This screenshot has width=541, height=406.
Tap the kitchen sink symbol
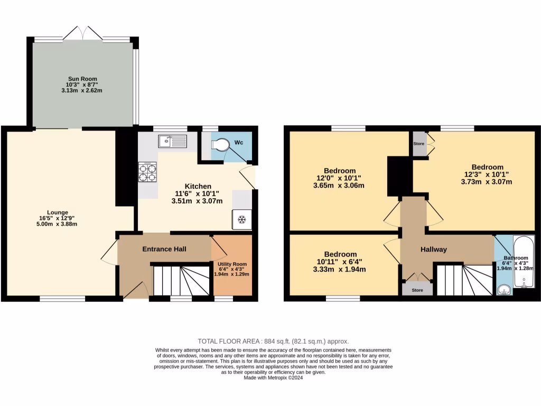[x=172, y=141]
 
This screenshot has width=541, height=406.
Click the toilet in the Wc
[x=221, y=144]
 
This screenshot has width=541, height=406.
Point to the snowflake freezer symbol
[x=242, y=219]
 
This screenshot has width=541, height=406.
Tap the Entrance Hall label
[x=164, y=249]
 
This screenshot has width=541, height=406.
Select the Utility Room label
[x=232, y=264]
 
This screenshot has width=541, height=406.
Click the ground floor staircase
[x=181, y=280]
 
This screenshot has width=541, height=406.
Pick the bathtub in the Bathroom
[x=524, y=262]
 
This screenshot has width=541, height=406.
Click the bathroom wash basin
[x=504, y=290]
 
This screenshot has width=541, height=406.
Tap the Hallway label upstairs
[x=434, y=250]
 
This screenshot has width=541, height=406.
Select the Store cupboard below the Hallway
[x=417, y=289]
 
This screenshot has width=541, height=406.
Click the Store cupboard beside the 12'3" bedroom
[x=419, y=144]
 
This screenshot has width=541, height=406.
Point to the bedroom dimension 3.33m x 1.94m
[x=340, y=270]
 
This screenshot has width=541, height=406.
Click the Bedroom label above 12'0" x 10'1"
[x=340, y=171]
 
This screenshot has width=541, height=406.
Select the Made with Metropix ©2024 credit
[x=273, y=378]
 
